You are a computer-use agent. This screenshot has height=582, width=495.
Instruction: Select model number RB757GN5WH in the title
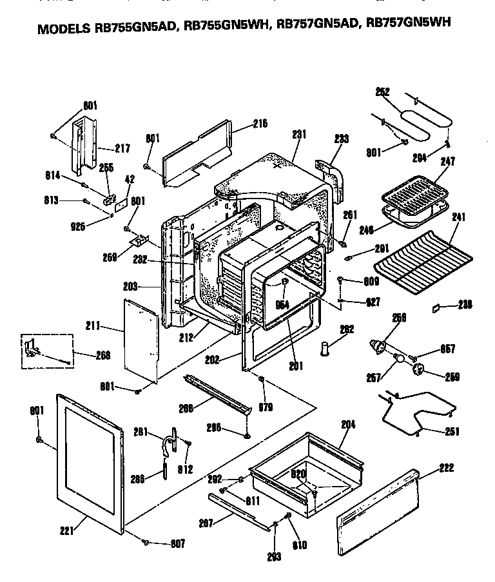(408, 24)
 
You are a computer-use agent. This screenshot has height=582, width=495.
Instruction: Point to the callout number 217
(122, 149)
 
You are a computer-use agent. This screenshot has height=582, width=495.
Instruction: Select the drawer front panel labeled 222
(380, 516)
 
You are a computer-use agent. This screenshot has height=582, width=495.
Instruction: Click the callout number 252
(383, 92)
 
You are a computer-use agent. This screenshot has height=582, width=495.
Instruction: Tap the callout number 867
(448, 349)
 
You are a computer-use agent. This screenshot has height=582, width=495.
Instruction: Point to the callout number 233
(341, 139)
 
